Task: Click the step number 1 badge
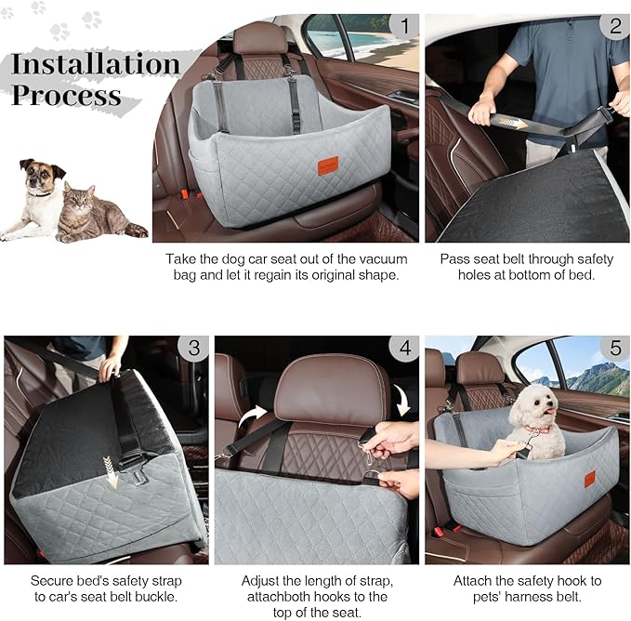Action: [x=401, y=26]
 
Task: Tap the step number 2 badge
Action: [x=614, y=26]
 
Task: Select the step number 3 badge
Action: [x=193, y=349]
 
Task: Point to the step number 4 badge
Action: [x=403, y=349]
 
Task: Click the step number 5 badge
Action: [x=614, y=349]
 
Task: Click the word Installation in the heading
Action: [x=95, y=64]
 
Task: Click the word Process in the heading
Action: [x=66, y=95]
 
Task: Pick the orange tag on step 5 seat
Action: [x=589, y=479]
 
